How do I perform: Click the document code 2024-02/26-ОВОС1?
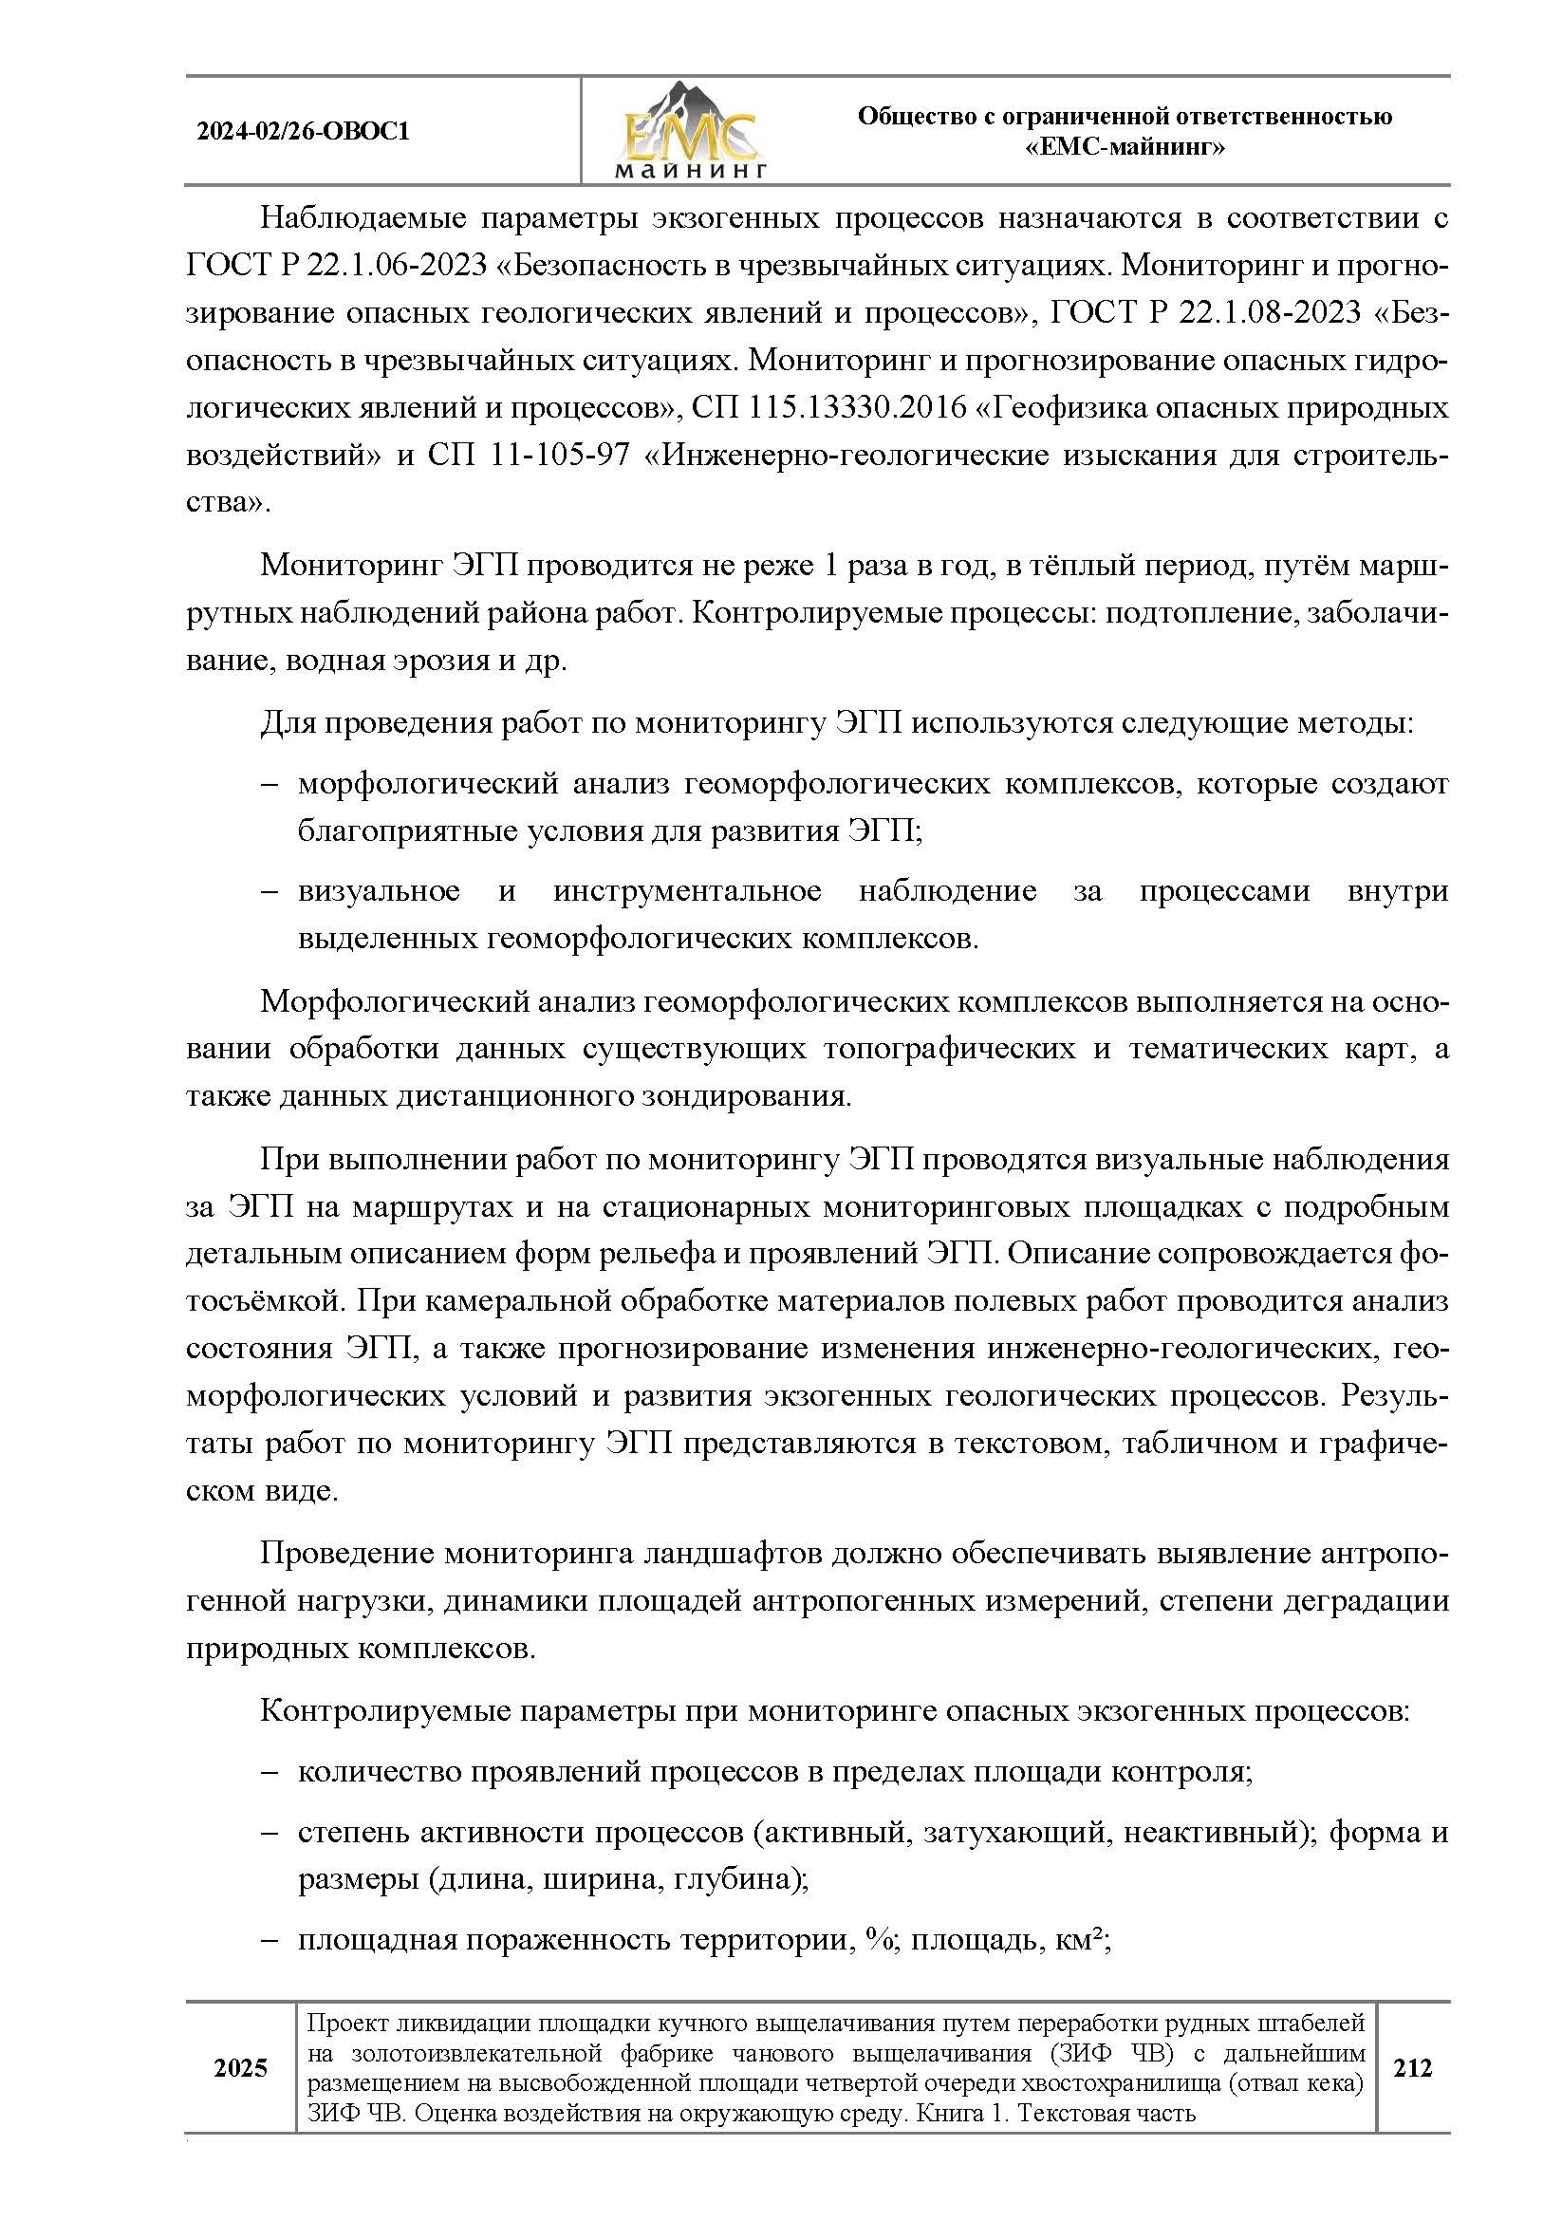(x=303, y=132)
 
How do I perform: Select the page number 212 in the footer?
(x=1412, y=2067)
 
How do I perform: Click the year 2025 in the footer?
(x=241, y=2068)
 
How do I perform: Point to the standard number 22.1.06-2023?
(x=397, y=265)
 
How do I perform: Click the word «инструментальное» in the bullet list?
(x=686, y=890)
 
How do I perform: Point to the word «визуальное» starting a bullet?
(x=378, y=890)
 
